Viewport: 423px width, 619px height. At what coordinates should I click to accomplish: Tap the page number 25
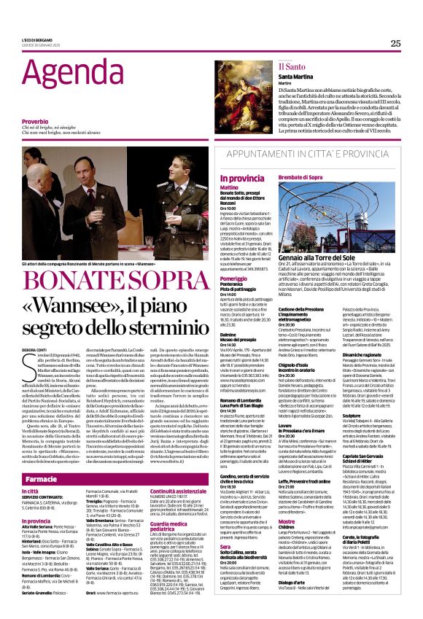(x=395, y=43)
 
